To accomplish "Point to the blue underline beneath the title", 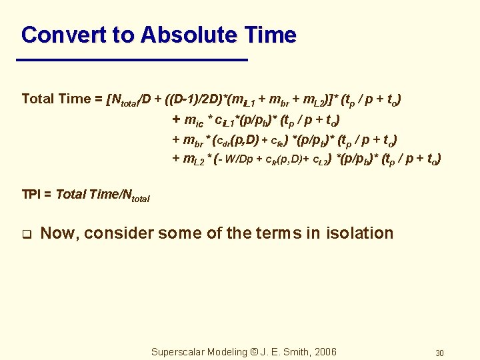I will click(133, 60).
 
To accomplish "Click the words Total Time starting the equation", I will click(56, 99).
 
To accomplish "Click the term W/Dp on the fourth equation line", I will click(240, 159).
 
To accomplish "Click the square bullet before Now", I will click(26, 234).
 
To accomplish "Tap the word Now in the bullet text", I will click(58, 233).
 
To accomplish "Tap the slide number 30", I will click(439, 353).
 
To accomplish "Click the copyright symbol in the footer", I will click(252, 352).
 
